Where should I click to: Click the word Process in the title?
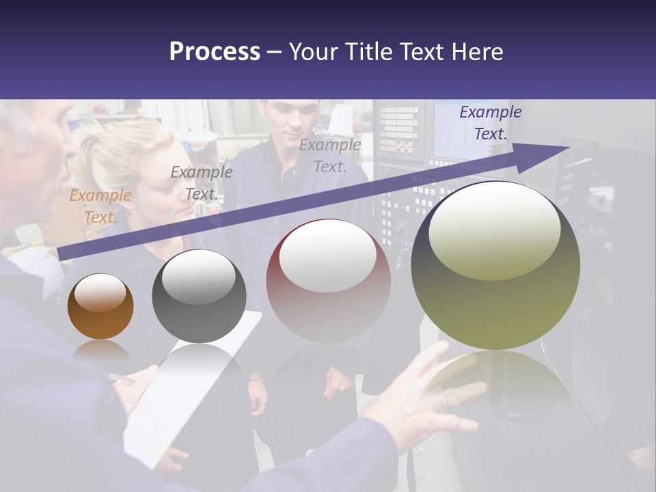(215, 51)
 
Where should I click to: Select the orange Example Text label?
(100, 206)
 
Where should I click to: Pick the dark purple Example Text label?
(490, 123)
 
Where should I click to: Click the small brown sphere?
(100, 307)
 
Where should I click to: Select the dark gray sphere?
(199, 296)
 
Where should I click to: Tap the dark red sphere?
(328, 281)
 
